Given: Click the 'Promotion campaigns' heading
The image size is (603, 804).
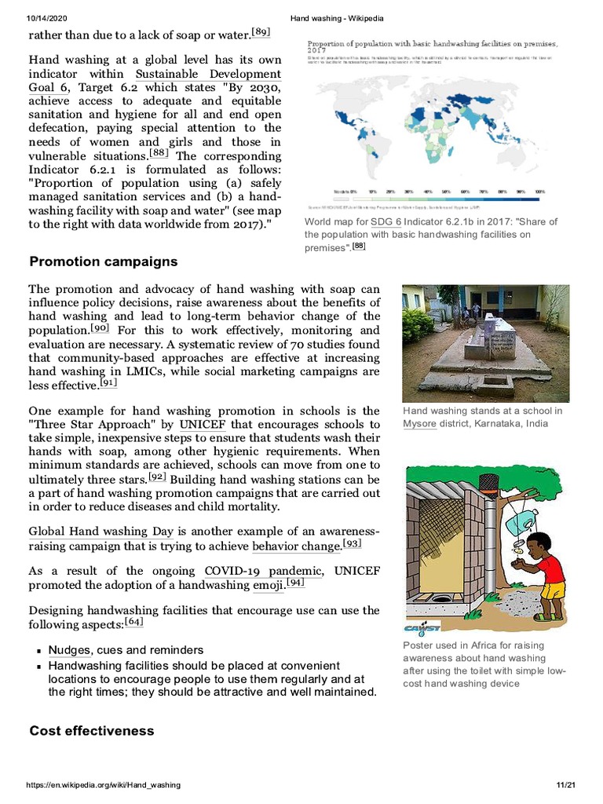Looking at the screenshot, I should [103, 261].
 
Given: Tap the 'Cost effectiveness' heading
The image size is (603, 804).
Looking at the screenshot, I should [92, 731].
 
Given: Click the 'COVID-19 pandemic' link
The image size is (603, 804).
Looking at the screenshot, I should [263, 571].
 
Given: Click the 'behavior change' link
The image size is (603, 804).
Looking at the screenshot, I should [297, 546].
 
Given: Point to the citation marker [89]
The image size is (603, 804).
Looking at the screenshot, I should [261, 32].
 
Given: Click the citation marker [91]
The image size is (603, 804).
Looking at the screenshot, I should [108, 383].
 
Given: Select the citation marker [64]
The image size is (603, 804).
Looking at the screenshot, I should [134, 623].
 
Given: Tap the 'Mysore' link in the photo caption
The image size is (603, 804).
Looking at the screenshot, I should [419, 424].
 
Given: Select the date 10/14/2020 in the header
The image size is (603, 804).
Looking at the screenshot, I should [49, 17].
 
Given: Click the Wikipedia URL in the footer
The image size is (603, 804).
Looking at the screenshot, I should [104, 785].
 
